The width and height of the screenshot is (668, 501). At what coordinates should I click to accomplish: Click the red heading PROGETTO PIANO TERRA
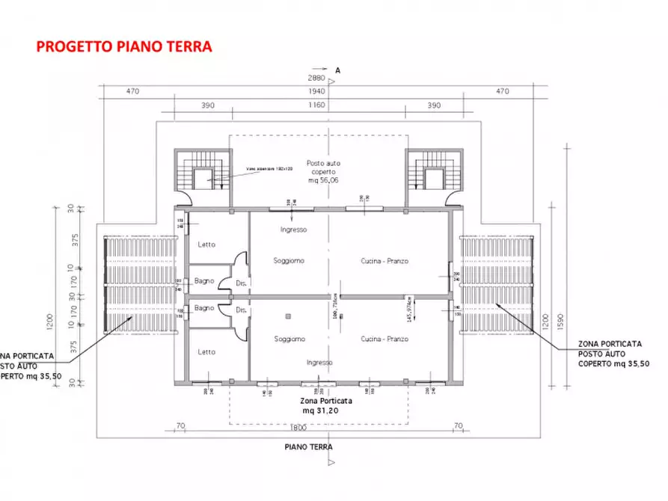coord(124,46)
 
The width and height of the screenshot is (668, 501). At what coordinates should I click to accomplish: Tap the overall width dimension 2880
coord(316,78)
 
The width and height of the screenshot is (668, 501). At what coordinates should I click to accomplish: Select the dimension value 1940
coord(316,91)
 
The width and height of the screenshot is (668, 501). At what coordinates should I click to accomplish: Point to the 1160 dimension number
coord(316,105)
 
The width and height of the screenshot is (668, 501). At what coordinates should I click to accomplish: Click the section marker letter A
coord(338,70)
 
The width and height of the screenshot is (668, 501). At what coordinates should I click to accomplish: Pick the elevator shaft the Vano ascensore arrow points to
coord(201,179)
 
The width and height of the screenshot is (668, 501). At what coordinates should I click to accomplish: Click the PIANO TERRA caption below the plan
coord(308,447)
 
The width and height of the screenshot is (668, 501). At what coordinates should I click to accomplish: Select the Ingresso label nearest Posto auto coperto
coord(294,230)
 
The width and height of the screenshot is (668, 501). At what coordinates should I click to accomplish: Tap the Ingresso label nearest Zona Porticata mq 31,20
coord(319,362)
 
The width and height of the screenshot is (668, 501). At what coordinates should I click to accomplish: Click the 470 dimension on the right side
coord(502,91)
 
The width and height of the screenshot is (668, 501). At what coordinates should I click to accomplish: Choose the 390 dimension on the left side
coord(207,105)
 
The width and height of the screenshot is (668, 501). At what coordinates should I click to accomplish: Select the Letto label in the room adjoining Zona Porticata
coord(206,351)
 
